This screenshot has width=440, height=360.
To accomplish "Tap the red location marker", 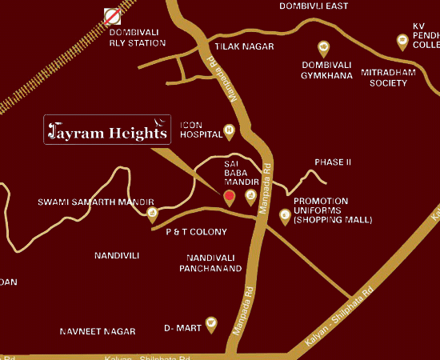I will point(229,197).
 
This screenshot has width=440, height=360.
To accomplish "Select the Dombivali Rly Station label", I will point(138,38).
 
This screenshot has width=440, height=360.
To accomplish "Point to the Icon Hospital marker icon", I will point(230,129).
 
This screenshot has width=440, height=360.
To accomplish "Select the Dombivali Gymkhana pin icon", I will point(324,47).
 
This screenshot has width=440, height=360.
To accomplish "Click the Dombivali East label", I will point(314,6).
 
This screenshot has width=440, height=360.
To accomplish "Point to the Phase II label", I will point(333,162).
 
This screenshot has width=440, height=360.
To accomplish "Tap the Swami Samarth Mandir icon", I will point(152,213).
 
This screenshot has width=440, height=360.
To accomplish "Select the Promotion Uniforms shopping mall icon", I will point(284,214).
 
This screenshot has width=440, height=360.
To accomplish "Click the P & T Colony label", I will point(196,232).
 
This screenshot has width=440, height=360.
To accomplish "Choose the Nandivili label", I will point(117,255).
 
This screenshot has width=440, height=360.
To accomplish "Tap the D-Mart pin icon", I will point(211,324).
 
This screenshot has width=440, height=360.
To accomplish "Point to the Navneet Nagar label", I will point(95,330).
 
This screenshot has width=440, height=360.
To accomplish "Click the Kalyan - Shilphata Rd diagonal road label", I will point(340,318).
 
